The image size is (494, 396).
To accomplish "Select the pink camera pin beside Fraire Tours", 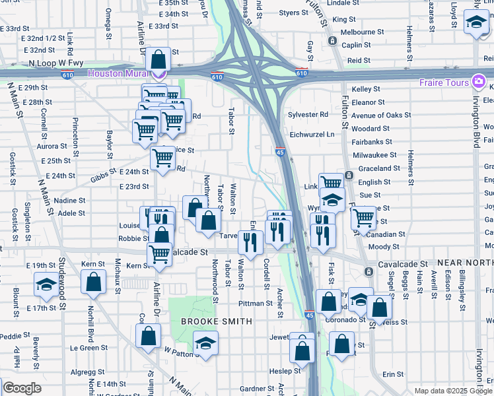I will (479, 82).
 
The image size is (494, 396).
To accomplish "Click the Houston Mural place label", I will (118, 73).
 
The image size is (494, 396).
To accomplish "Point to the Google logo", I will (22, 388).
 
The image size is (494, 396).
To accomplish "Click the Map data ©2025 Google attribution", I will (453, 391).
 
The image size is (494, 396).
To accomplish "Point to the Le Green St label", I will (88, 347).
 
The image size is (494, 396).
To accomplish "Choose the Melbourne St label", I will (362, 32).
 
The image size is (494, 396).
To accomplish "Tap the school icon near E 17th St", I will (46, 284).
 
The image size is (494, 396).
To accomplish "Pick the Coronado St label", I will (344, 319).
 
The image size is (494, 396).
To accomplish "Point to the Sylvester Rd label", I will (308, 114).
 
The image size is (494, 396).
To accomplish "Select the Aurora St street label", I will (52, 146).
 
